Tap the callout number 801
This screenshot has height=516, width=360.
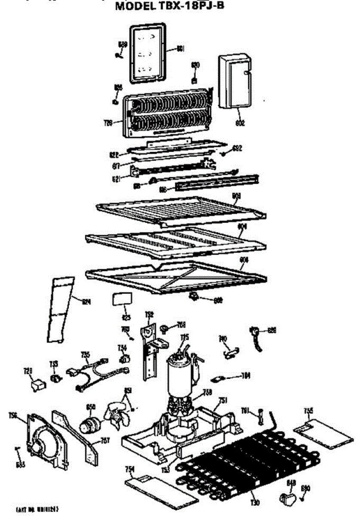click(181, 49)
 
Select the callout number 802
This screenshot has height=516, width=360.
click(240, 123)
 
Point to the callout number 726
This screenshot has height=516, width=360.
click(108, 123)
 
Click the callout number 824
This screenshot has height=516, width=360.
click(88, 302)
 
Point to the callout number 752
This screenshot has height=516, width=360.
click(149, 314)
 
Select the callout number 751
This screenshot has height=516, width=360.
click(222, 400)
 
